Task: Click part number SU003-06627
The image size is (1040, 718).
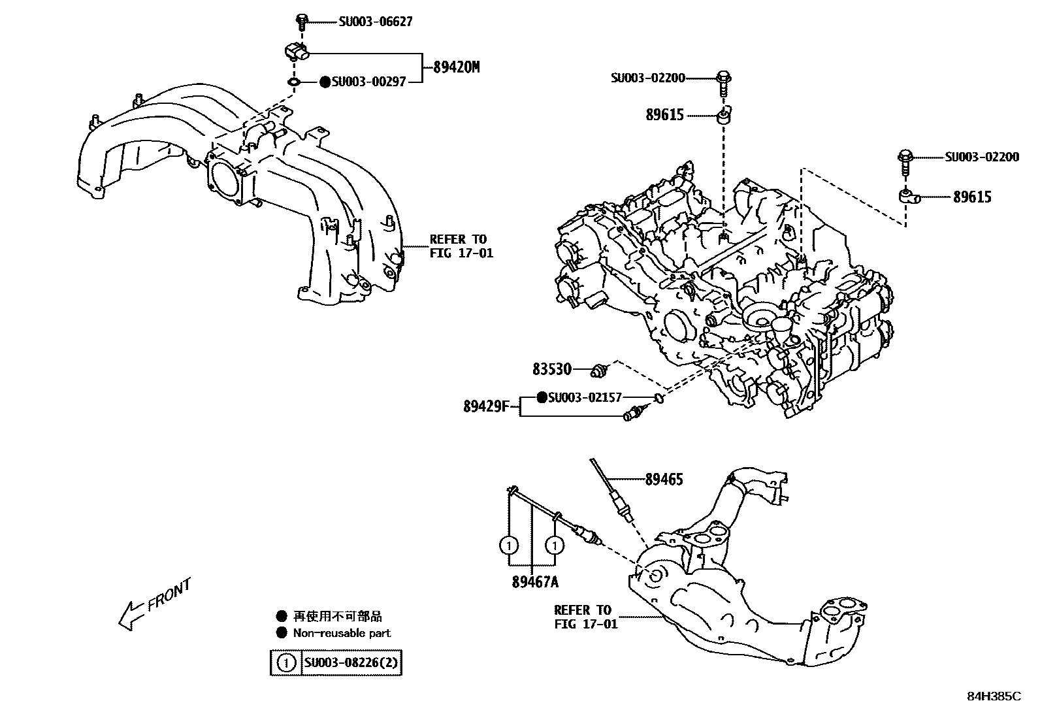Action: point(376,22)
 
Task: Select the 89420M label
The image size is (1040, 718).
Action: point(456,67)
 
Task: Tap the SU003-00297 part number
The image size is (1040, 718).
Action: point(368,82)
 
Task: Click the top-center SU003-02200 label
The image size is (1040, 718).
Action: point(647,78)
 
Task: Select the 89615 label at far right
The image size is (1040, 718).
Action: point(972,197)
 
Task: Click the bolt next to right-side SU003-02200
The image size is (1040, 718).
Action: point(905,161)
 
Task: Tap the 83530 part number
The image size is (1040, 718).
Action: point(552,370)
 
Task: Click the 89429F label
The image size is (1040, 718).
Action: point(485,406)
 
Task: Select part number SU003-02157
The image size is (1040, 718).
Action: point(585,397)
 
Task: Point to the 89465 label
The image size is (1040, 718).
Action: point(664,480)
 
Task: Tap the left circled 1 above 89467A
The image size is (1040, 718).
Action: point(510,544)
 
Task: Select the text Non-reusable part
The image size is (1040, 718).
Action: point(342,632)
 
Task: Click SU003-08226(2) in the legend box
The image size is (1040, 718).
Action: point(351,663)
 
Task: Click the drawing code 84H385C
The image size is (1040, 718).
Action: point(993,696)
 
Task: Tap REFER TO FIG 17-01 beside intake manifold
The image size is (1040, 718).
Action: point(461,246)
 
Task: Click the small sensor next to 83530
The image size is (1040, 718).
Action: point(599,370)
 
